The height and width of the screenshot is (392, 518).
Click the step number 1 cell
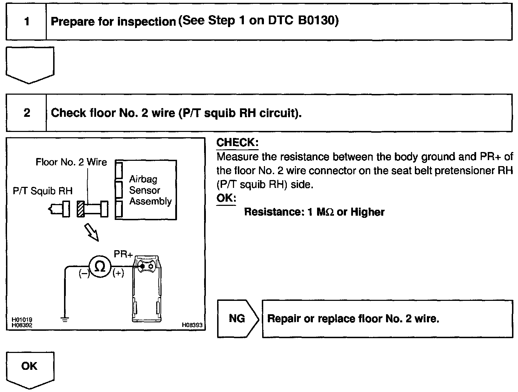(27, 22)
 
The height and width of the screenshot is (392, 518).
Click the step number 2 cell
(27, 113)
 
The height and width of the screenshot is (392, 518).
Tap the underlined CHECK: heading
(238, 143)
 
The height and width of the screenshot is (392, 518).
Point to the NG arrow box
(237, 318)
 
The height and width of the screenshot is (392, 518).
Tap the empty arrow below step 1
(30, 64)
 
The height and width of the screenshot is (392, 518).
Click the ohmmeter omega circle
(100, 267)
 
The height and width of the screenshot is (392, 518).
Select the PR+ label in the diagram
(123, 254)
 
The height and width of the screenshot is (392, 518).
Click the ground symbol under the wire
(64, 320)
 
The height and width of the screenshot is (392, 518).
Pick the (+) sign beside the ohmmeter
(118, 274)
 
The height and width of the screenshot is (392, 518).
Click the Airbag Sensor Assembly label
(150, 190)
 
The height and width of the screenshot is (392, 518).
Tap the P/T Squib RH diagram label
(43, 191)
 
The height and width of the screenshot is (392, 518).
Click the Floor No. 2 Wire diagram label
(71, 162)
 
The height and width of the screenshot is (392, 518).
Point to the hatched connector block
(81, 209)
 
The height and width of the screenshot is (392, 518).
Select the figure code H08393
(192, 325)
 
